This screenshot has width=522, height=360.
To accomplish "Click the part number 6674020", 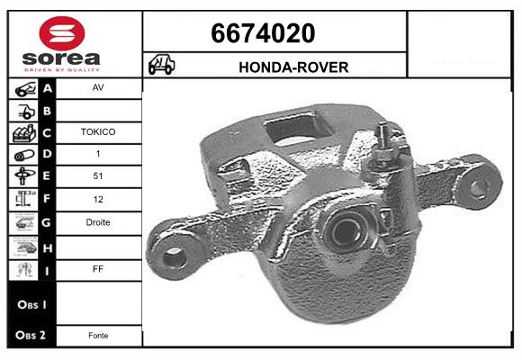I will pos(262,33).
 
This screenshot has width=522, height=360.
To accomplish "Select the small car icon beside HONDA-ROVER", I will pos(162,67).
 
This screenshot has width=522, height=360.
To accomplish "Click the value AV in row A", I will pos(98,89).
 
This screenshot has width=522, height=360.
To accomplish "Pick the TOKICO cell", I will pos(98,131).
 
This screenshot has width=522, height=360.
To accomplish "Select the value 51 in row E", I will pos(98,177).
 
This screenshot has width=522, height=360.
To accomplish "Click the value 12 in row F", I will pos(98,200).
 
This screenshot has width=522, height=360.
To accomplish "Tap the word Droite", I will pos(98,222).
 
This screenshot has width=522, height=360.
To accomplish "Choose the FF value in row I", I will pos(98,267).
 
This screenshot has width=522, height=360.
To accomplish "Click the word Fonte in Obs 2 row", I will pos(98,336).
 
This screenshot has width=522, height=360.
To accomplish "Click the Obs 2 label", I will pos(29,336).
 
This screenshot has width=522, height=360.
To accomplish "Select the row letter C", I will pos(48,132).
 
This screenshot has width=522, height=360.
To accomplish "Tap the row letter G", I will pos(48,222).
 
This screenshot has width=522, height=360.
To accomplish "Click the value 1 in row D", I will pos(98,154).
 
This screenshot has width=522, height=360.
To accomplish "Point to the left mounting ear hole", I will pos(175,256).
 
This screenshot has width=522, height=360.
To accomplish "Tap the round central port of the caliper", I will pos(346,231).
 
